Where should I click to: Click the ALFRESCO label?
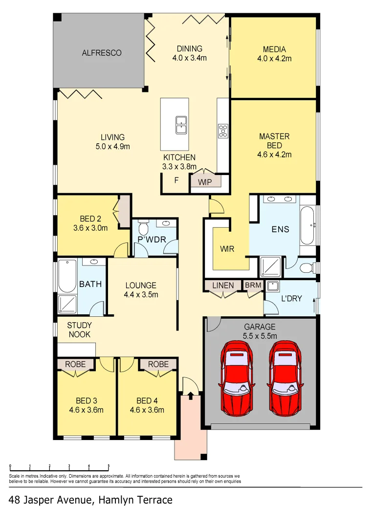pyautogui.click(x=101, y=53)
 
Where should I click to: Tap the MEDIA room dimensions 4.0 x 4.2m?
pyautogui.click(x=274, y=59)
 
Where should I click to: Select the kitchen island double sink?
pyautogui.click(x=181, y=125)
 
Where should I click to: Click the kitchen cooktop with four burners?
pyautogui.click(x=223, y=131)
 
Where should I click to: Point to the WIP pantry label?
pyautogui.click(x=205, y=182)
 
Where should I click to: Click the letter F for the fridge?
pyautogui.click(x=176, y=180)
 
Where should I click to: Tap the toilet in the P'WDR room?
pyautogui.click(x=143, y=228)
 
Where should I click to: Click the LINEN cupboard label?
pyautogui.click(x=222, y=285)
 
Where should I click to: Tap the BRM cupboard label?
pyautogui.click(x=253, y=285)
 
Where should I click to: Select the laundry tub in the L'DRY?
pyautogui.click(x=272, y=286)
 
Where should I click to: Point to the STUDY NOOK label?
pyautogui.click(x=79, y=330)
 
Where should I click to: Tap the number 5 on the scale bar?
pyautogui.click(x=109, y=466)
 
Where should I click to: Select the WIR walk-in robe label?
pyautogui.click(x=227, y=249)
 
